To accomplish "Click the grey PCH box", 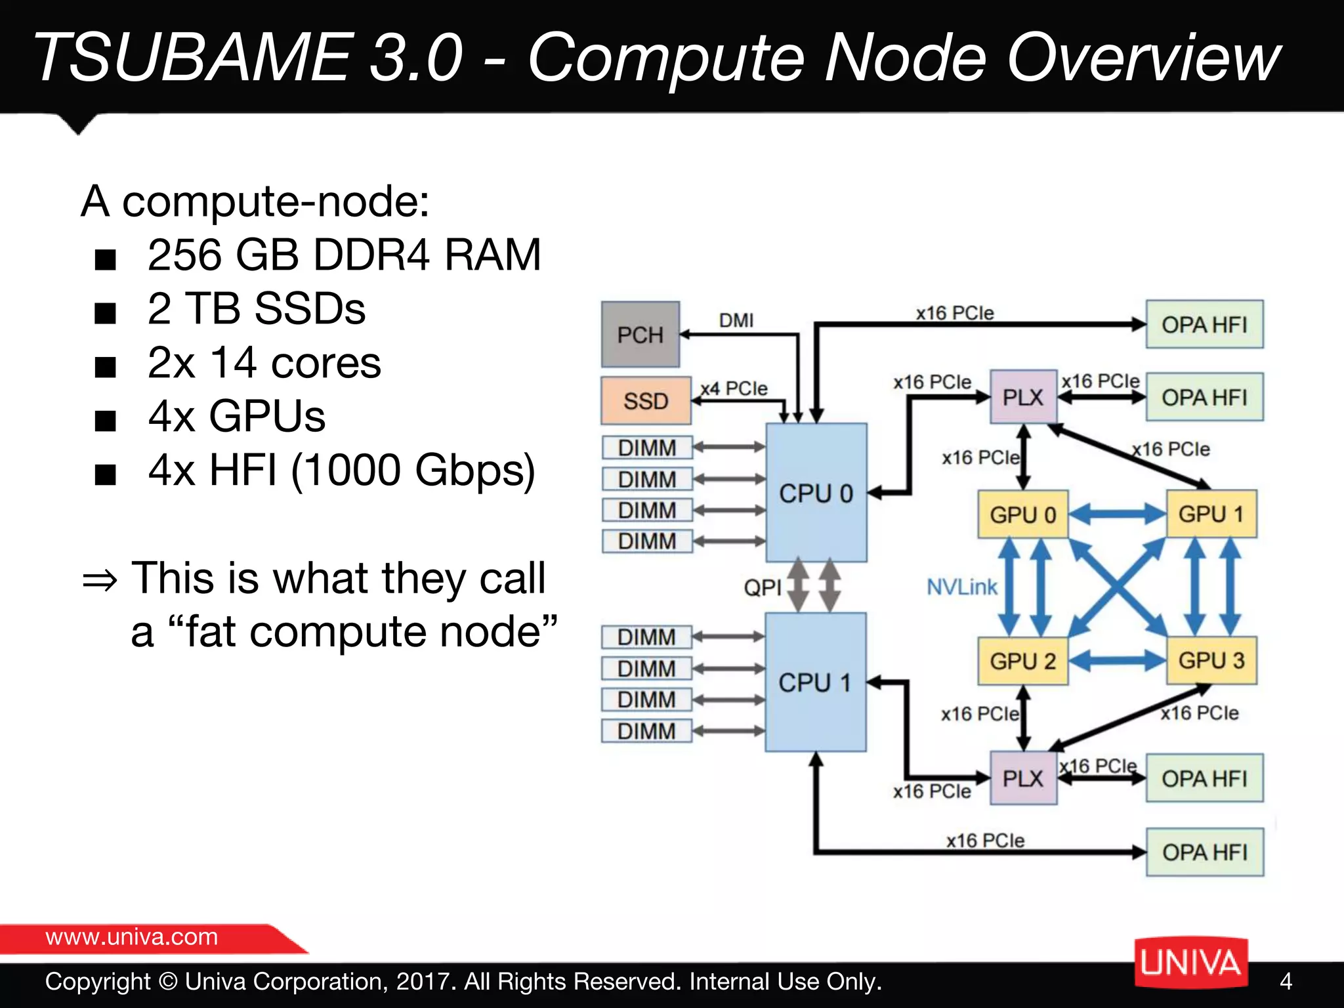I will coord(640,335).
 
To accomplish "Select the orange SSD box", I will coord(646,400).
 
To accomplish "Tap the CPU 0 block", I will coord(816,493).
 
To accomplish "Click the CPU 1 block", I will coord(815,682).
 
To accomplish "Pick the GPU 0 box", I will coord(1022,514).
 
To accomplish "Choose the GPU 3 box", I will coord(1211,660).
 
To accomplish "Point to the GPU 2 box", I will coord(1022,661).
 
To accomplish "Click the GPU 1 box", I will coord(1211,514).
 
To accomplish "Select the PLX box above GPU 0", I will coord(1022,397).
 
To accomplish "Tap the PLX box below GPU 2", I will coord(1022,778).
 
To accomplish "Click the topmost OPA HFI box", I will coord(1204,324).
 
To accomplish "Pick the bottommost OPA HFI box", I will coord(1205,852).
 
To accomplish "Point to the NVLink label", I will coord(961,587).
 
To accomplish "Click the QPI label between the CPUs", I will coord(762,587).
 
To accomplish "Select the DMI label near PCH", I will coord(736,320).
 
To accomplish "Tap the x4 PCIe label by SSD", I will coord(734,388).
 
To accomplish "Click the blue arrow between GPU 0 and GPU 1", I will coord(1117,514).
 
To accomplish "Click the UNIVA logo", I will coord(1190,963).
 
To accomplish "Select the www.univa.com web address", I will coord(131,936).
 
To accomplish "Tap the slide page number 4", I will coord(1286,981).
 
